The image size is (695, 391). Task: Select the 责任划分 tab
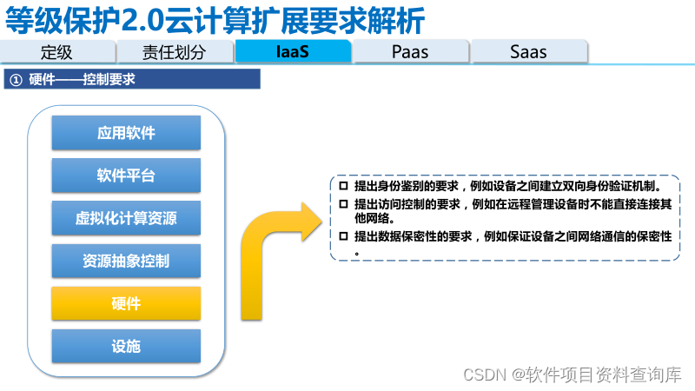pyautogui.click(x=175, y=51)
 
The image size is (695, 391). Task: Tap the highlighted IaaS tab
pyautogui.click(x=293, y=51)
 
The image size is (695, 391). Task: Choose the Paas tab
pyautogui.click(x=410, y=51)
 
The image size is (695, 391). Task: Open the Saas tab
pyautogui.click(x=528, y=51)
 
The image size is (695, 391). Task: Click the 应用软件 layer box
pyautogui.click(x=126, y=133)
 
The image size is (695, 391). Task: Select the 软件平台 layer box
pyautogui.click(x=126, y=176)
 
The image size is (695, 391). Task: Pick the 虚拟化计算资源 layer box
pyautogui.click(x=126, y=218)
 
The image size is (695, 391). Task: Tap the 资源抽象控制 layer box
pyautogui.click(x=126, y=261)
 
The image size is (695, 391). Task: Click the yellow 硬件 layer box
pyautogui.click(x=126, y=303)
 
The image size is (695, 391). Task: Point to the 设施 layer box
pyautogui.click(x=126, y=346)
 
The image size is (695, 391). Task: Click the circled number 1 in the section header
pyautogui.click(x=16, y=80)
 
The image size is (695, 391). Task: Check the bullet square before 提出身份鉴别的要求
pyautogui.click(x=343, y=186)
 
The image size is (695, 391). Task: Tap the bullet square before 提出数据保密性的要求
pyautogui.click(x=343, y=235)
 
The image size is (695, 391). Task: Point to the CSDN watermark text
pyautogui.click(x=485, y=374)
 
